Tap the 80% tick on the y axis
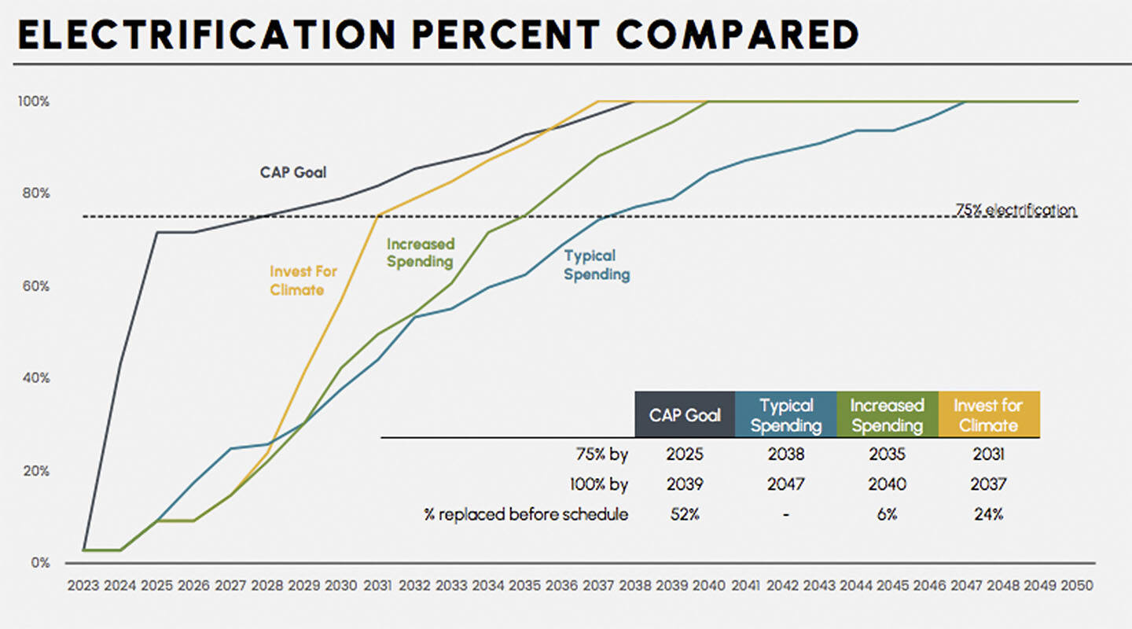click(x=35, y=193)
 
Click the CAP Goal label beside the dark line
click(x=293, y=171)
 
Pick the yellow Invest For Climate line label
click(x=303, y=281)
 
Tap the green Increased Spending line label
click(x=421, y=252)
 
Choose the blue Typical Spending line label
click(x=597, y=265)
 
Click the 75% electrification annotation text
click(x=1015, y=210)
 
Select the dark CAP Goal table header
click(x=685, y=414)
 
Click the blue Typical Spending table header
click(x=786, y=414)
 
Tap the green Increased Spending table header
click(x=888, y=414)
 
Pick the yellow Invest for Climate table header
click(x=988, y=414)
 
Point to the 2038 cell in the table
click(x=786, y=454)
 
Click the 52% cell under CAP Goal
click(x=685, y=514)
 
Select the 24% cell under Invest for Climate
click(x=988, y=514)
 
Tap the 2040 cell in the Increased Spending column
click(x=888, y=484)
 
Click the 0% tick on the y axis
click(x=40, y=563)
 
